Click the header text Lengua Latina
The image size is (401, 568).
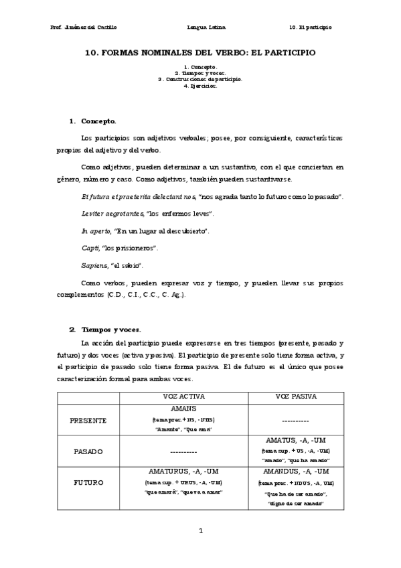coord(208,27)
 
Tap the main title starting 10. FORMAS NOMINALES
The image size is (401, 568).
coord(200,51)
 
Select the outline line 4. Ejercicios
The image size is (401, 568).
coord(200,86)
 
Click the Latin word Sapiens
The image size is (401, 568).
coord(92,266)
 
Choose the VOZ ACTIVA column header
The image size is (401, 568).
coord(183,397)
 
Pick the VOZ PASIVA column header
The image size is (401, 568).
coord(295,397)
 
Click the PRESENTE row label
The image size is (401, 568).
coord(88,420)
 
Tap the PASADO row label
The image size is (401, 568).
coord(88,451)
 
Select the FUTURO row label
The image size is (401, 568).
coord(88,482)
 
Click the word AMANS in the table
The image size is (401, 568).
coord(183,408)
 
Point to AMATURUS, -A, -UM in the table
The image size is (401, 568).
coord(183,472)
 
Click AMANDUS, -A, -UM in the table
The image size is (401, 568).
coord(295,472)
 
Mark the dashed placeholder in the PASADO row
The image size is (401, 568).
coord(183,451)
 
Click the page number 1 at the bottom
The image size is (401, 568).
coord(200,531)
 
